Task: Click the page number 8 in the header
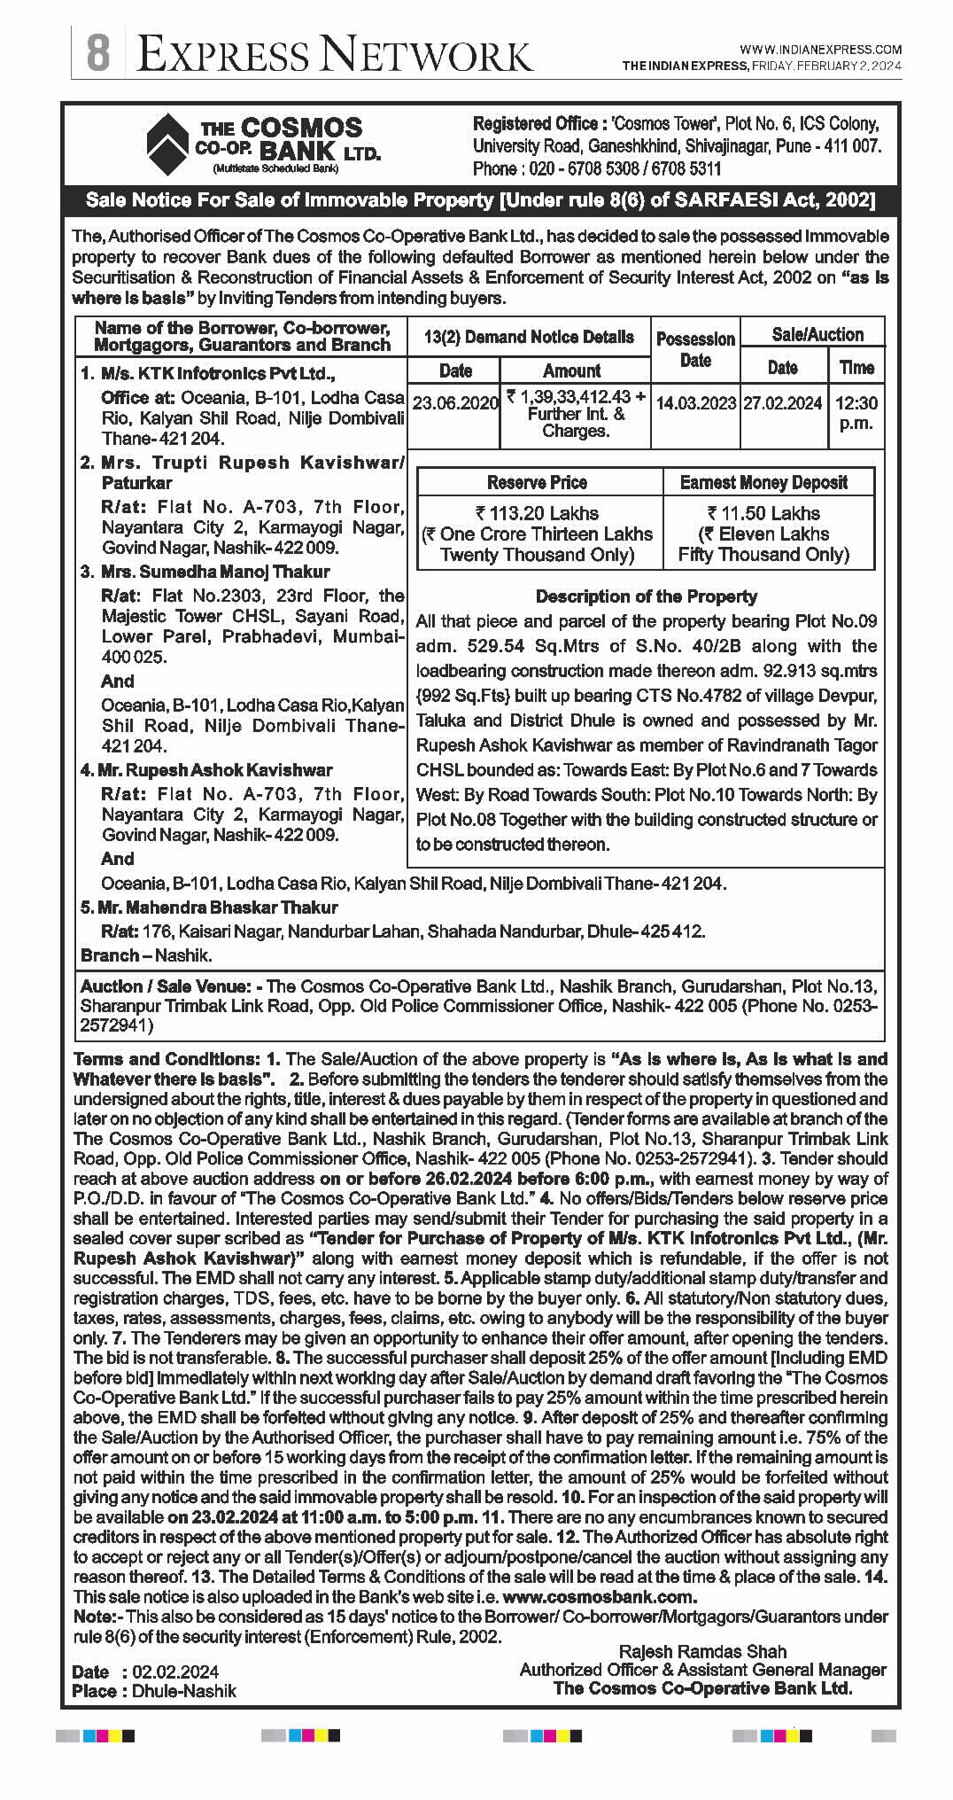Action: click(x=97, y=52)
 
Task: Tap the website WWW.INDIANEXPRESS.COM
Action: click(x=820, y=50)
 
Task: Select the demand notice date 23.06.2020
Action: click(x=455, y=403)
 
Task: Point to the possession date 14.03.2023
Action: click(x=695, y=403)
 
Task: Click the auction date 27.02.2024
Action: click(x=783, y=403)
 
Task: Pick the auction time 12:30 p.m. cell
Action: click(x=856, y=412)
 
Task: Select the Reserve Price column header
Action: click(x=537, y=482)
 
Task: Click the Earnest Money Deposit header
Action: click(x=763, y=482)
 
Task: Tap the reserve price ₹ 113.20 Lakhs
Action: click(x=537, y=513)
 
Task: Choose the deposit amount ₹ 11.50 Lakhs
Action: click(x=763, y=513)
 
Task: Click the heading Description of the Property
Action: click(x=647, y=596)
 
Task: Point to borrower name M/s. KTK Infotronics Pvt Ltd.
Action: click(x=208, y=374)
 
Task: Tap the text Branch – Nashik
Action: click(x=146, y=955)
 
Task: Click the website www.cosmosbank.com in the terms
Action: click(x=600, y=1596)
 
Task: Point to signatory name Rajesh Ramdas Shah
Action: click(x=702, y=1651)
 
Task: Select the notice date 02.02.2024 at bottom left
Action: click(x=174, y=1671)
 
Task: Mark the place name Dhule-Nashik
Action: click(x=184, y=1691)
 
